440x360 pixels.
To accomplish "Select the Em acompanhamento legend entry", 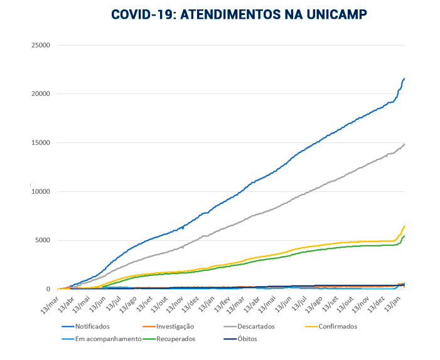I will [107, 339].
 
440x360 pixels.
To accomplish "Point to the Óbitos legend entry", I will [246, 339].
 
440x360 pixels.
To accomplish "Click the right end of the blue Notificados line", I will [404, 78].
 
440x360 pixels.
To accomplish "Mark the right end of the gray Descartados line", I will [404, 144].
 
